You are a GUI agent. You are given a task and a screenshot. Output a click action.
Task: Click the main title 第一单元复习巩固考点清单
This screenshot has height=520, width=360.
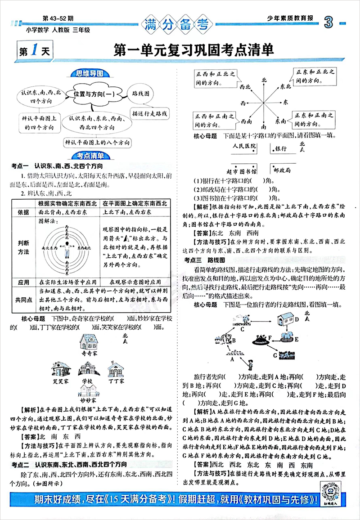194,50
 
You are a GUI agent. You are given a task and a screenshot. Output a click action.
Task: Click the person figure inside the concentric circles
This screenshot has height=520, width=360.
67,247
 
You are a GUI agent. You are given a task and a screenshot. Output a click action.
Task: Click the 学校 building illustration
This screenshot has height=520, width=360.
90,370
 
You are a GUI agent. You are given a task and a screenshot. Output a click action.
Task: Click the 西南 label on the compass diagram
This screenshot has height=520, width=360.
246,121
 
